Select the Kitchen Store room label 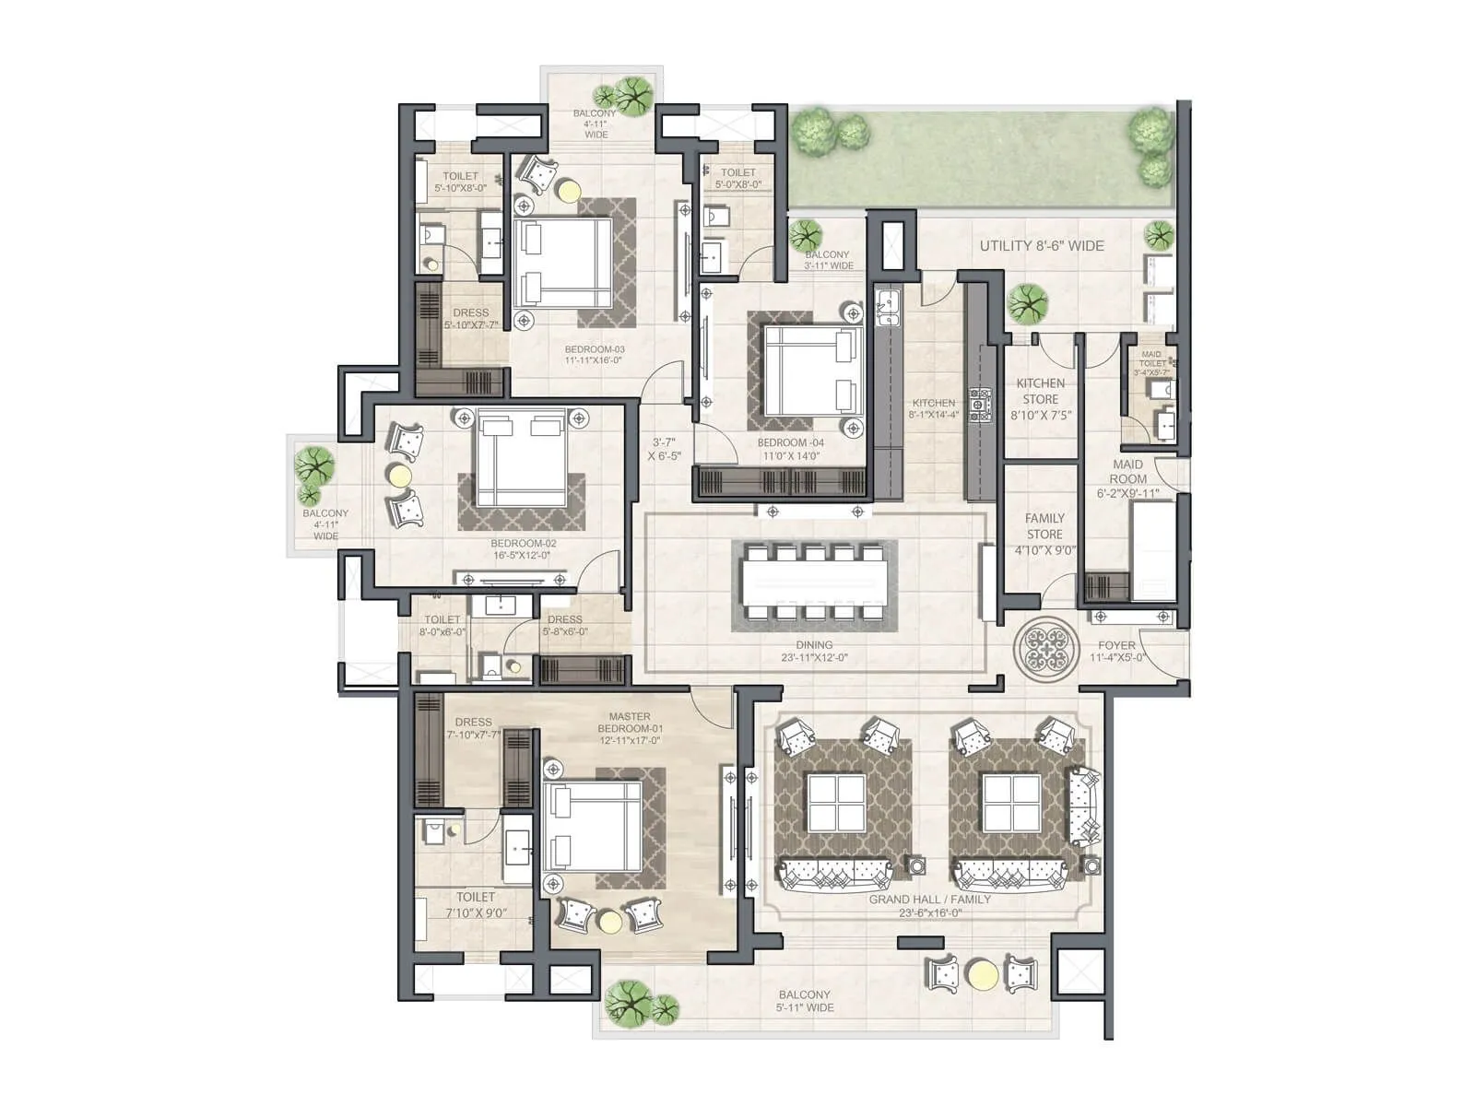[x=1040, y=399]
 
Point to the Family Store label [x=1044, y=534]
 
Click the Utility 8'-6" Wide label [x=1042, y=246]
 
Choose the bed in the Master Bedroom [x=594, y=825]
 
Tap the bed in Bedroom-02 [x=521, y=458]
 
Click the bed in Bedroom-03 [x=563, y=262]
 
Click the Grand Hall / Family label [x=929, y=905]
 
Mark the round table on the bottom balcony [x=982, y=974]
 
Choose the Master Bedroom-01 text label [x=630, y=728]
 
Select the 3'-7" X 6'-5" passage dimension [x=664, y=449]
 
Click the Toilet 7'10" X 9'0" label [x=476, y=904]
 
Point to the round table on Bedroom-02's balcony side [x=400, y=476]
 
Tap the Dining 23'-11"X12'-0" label [x=814, y=652]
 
